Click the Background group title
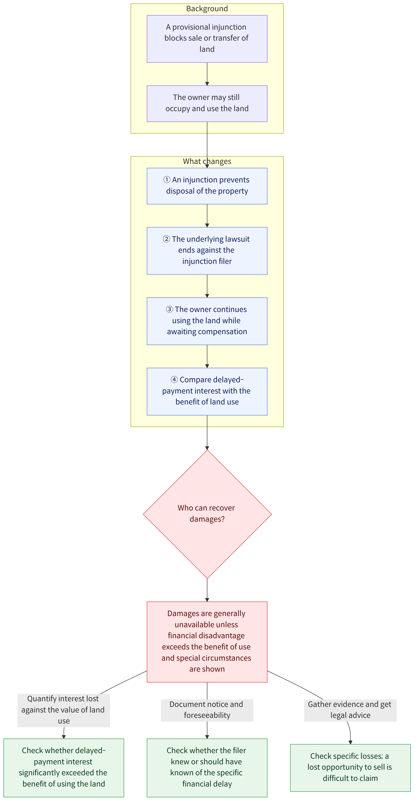pyautogui.click(x=207, y=8)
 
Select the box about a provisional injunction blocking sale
pyautogui.click(x=207, y=39)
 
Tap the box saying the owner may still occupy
pyautogui.click(x=207, y=103)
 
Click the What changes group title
pyautogui.click(x=207, y=161)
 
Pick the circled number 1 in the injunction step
pyautogui.click(x=167, y=180)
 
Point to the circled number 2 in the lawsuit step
pyautogui.click(x=166, y=239)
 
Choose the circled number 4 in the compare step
pyautogui.click(x=174, y=379)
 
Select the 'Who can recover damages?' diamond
pyautogui.click(x=207, y=514)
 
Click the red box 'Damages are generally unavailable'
pyautogui.click(x=207, y=642)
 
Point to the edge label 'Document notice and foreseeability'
pyautogui.click(x=207, y=710)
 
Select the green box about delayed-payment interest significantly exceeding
pyautogui.click(x=64, y=768)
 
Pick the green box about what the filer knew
pyautogui.click(x=207, y=768)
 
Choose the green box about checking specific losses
pyautogui.click(x=350, y=768)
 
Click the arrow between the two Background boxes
pyautogui.click(x=207, y=74)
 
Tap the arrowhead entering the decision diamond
pyautogui.click(x=207, y=448)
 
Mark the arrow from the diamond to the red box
pyautogui.click(x=207, y=590)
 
